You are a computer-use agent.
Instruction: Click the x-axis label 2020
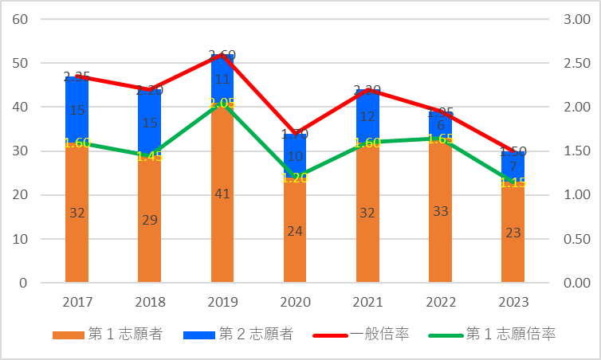[x=295, y=303]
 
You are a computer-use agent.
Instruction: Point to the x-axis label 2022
[x=440, y=303]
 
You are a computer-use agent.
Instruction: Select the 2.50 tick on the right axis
[x=576, y=63]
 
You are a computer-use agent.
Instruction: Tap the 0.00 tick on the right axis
[x=576, y=283]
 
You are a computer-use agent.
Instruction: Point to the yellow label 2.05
[x=222, y=104]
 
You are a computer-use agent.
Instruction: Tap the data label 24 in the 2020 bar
[x=295, y=230]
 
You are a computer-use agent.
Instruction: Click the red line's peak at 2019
[x=222, y=55]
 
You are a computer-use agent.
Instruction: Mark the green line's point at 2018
[x=150, y=155]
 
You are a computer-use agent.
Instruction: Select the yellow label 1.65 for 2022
[x=440, y=139]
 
